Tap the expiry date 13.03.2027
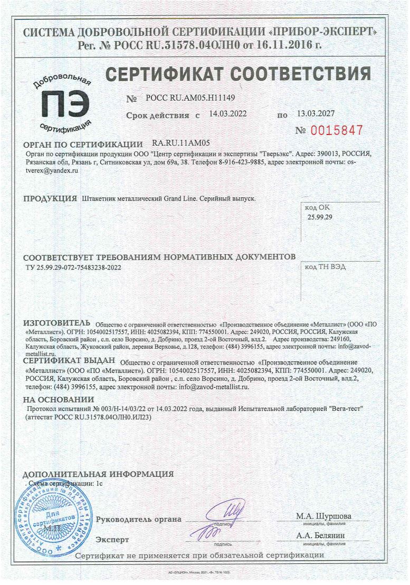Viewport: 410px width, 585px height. pyautogui.click(x=316, y=113)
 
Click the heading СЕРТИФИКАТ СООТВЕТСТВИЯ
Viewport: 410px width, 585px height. pyautogui.click(x=238, y=74)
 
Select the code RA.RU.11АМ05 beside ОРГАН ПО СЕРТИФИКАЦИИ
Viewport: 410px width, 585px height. pyautogui.click(x=181, y=143)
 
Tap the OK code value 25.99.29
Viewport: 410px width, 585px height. pyautogui.click(x=320, y=217)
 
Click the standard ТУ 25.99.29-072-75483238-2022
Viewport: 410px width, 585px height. pyautogui.click(x=76, y=267)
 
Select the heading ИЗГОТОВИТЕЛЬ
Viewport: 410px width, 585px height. pyautogui.click(x=58, y=322)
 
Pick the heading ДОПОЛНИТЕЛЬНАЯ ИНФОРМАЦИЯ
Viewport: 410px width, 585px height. pyautogui.click(x=99, y=474)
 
